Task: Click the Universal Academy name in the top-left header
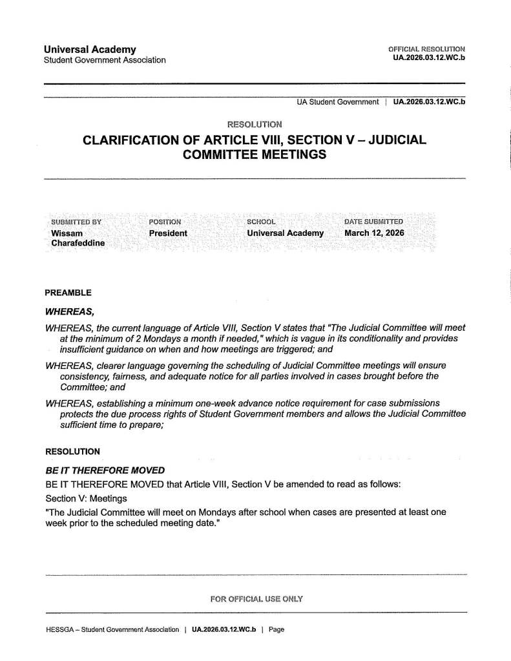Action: (90, 49)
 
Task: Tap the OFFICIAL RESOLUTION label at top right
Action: (426, 49)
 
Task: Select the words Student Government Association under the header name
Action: (105, 60)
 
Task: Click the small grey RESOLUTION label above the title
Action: (255, 123)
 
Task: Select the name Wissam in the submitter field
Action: (67, 233)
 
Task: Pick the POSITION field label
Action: (165, 222)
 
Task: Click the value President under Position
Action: (168, 233)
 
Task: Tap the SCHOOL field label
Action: (262, 222)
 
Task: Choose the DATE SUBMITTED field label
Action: (374, 222)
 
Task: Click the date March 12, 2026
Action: (374, 233)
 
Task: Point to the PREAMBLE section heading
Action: (68, 293)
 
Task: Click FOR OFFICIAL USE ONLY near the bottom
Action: (256, 599)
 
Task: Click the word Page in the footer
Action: (276, 629)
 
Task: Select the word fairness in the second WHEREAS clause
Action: (132, 375)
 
